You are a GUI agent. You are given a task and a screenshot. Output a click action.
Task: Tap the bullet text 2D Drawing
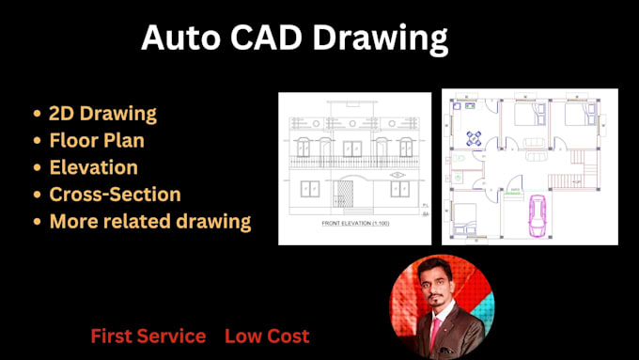coord(102,114)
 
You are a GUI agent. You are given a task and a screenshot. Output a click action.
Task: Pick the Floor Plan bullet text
coord(97,141)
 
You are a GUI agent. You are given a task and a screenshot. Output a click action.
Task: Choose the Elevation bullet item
coord(93,167)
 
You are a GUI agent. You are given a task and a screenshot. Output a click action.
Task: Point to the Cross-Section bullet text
coord(115,195)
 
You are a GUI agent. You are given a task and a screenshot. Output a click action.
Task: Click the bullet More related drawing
coord(149,222)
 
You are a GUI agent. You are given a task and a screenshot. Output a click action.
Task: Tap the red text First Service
coord(148,336)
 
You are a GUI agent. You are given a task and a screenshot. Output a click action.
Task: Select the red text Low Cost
coord(267,336)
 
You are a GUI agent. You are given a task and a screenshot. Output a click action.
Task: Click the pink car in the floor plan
coord(539,217)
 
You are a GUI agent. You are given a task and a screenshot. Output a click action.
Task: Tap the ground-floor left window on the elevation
coord(310,190)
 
